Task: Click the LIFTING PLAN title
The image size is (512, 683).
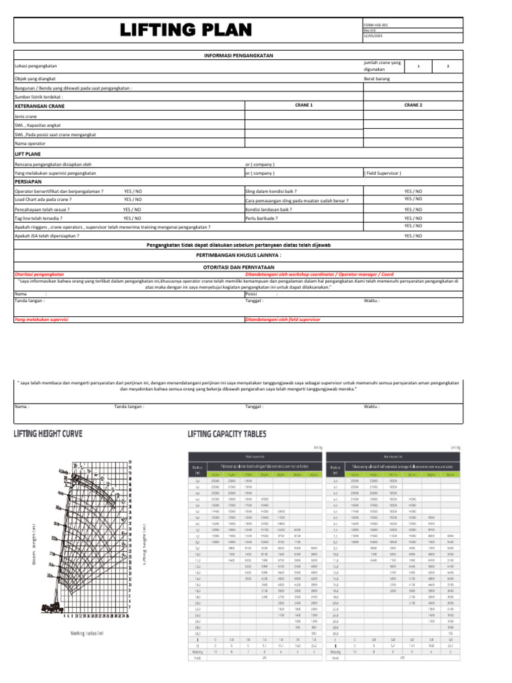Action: coord(186,30)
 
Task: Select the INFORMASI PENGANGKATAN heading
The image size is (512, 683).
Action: coord(238,55)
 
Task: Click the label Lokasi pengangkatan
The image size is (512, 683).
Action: coord(35,66)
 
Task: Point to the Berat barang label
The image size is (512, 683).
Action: coord(377,79)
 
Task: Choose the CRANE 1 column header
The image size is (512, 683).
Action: coord(304,105)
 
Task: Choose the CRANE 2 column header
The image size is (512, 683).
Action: coord(413,105)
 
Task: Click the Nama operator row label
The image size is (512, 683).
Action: coord(30,143)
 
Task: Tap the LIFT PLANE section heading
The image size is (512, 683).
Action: coord(27,153)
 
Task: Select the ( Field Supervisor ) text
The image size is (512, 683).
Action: coord(383,173)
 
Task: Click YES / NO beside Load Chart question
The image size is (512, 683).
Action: coord(133,199)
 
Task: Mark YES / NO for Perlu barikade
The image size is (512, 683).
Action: coord(413,218)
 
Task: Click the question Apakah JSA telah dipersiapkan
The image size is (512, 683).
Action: coord(47,235)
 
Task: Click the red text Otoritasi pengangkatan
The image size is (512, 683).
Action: coord(39,274)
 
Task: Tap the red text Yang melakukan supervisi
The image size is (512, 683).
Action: coord(42,320)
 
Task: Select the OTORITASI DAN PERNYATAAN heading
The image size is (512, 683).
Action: coord(238,266)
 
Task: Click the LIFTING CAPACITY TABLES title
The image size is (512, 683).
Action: coord(227,434)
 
